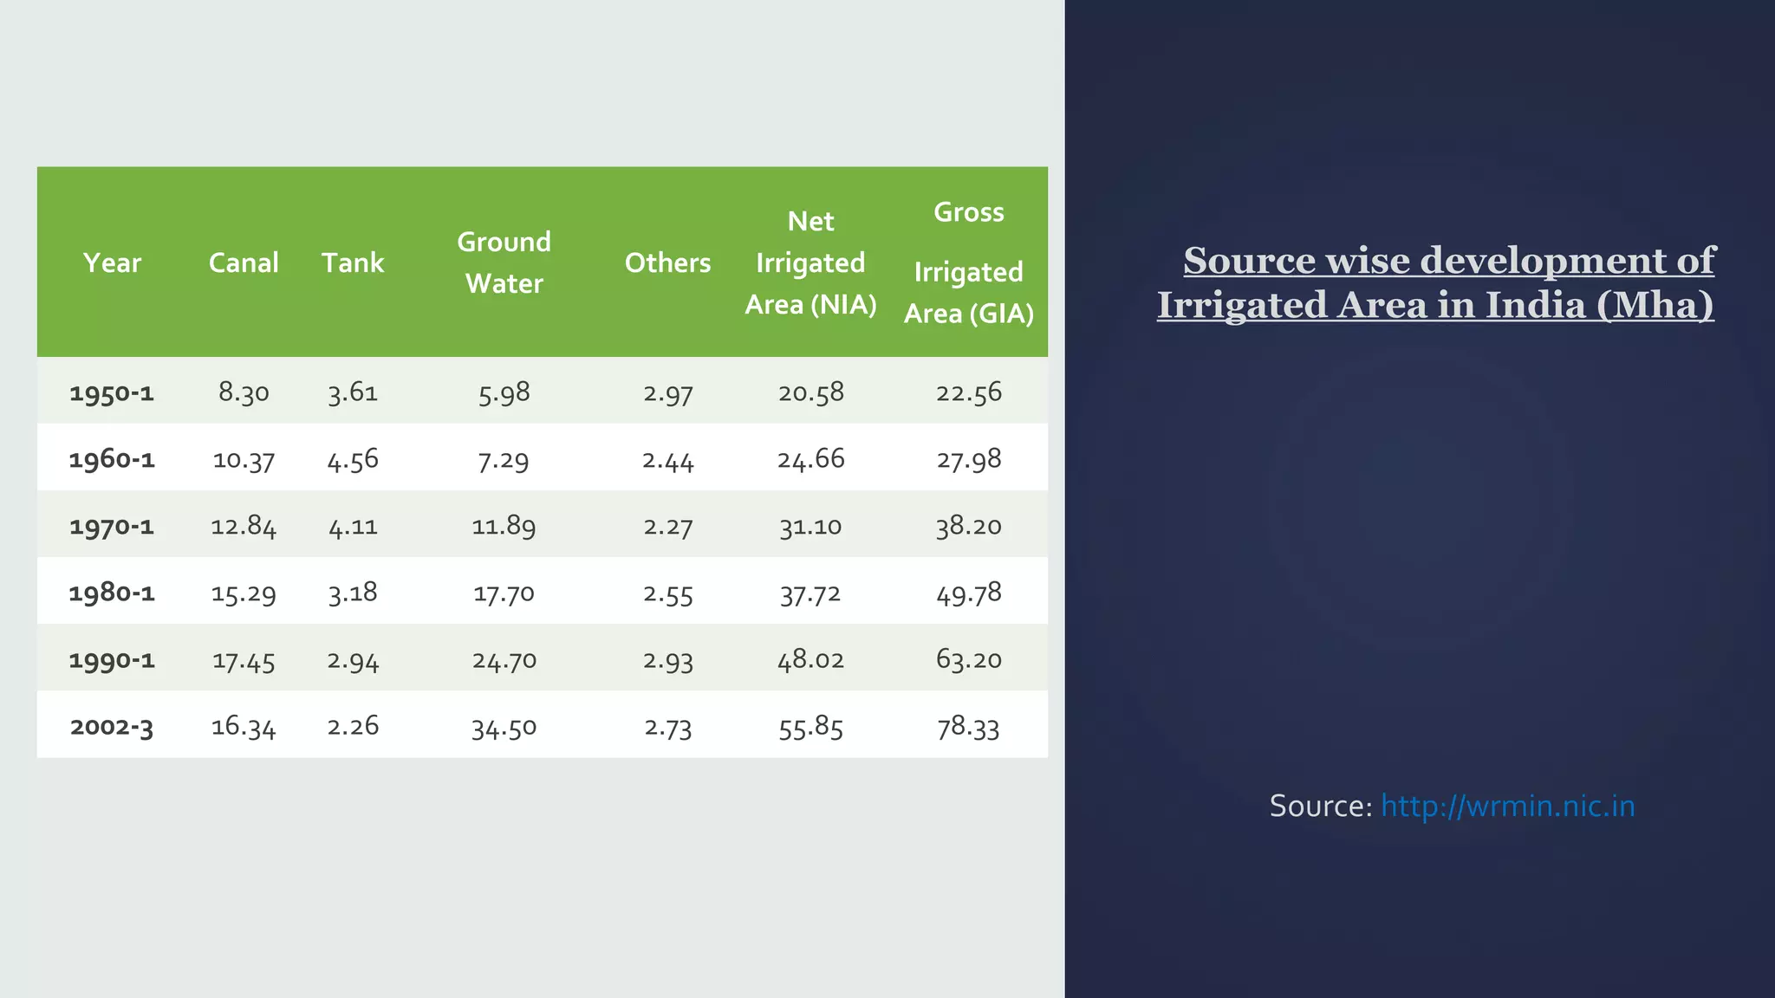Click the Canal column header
pos(244,262)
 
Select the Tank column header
pos(353,262)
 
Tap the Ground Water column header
pos(504,262)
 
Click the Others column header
pos(667,262)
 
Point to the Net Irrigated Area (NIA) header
pos(810,262)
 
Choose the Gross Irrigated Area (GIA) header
pos(968,262)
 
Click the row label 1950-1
pos(112,392)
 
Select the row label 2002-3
pos(112,726)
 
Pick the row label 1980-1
pos(112,593)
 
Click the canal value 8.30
pos(244,392)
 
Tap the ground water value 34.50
pos(504,727)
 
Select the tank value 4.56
pos(353,459)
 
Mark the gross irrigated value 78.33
pos(968,727)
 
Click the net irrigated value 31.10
pos(810,526)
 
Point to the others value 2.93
pos(667,660)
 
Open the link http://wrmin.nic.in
pos(1507,806)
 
